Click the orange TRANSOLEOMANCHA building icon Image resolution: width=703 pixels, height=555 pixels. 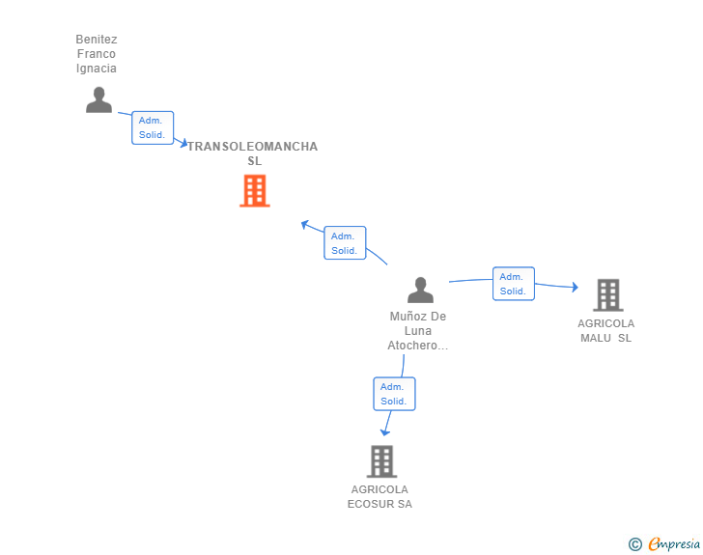[255, 190]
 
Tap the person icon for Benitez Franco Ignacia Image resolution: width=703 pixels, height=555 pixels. [98, 99]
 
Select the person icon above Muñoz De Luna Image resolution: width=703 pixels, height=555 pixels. [421, 291]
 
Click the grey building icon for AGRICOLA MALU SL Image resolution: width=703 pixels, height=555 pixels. [608, 295]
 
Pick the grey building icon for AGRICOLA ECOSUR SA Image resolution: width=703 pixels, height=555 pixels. [382, 461]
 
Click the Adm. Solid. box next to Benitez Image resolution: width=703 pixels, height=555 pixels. [153, 127]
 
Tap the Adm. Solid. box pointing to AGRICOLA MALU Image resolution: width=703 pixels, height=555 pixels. [514, 284]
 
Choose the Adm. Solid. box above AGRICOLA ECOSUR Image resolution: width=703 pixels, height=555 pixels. [394, 394]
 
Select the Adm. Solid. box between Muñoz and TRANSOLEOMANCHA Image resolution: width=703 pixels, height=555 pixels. [345, 243]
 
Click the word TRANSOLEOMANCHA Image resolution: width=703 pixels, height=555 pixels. [253, 147]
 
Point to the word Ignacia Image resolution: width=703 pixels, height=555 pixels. [97, 69]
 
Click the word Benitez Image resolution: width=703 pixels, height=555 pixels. [97, 40]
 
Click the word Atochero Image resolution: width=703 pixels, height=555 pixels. [412, 346]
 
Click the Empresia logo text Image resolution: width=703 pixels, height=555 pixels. [674, 544]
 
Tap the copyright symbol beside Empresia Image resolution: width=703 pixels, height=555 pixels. [635, 544]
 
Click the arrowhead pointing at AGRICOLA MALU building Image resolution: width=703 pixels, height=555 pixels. [576, 287]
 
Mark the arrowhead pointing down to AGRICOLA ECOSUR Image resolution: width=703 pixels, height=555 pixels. [385, 432]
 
